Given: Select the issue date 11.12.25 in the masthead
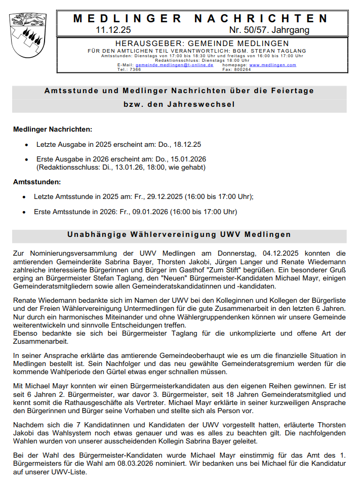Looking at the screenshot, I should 113,30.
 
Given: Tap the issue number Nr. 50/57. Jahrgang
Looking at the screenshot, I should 269,30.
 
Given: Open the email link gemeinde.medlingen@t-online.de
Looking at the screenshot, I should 174,65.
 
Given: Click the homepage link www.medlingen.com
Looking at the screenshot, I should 272,65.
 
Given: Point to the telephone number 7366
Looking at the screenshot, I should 135,69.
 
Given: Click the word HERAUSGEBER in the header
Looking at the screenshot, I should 145,44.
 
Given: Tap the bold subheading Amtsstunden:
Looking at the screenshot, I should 37,181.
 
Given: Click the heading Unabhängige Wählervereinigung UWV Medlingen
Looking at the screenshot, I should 179,235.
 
